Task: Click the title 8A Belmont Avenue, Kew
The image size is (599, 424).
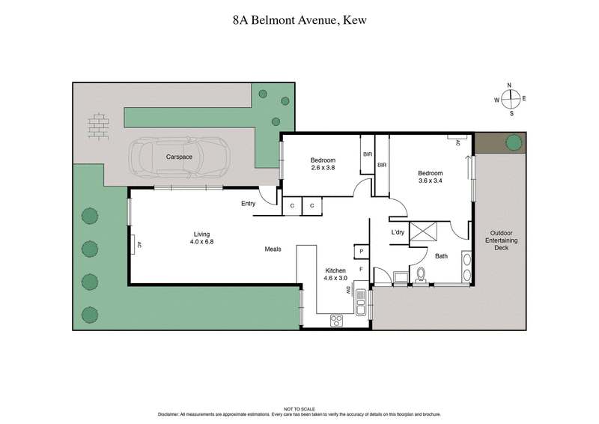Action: (299, 22)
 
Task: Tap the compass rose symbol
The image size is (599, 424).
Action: (511, 99)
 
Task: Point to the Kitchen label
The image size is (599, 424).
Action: (335, 270)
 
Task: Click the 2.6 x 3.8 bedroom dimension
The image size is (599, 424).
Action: (323, 168)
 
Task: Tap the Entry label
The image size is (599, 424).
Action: (249, 204)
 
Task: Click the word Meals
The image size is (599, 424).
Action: (273, 249)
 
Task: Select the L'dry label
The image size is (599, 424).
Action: (398, 232)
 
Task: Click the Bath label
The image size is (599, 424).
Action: (442, 256)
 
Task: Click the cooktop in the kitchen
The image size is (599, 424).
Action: (337, 320)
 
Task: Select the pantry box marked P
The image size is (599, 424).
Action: (361, 252)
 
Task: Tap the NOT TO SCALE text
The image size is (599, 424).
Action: (299, 408)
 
